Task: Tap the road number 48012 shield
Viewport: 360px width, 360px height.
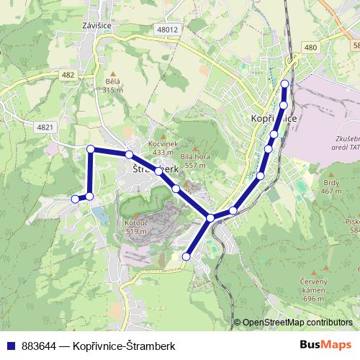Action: coord(167,30)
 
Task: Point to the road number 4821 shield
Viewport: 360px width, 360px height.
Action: coord(44,127)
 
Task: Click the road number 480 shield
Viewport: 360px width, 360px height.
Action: coord(310,48)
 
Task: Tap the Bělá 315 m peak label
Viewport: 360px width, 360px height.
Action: coord(113,86)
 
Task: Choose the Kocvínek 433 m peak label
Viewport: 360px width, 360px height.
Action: coord(163,148)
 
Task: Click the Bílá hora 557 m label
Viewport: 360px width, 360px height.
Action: coord(194,161)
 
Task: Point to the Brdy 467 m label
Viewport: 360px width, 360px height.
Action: coord(331,186)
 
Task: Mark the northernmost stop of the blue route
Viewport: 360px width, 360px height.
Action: coord(284,84)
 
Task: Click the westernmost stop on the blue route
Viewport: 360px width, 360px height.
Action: coord(76,199)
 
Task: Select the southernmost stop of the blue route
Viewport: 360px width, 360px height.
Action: coord(186,256)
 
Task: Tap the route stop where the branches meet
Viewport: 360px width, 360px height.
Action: coord(210,217)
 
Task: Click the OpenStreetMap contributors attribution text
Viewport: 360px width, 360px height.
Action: coord(297,323)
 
